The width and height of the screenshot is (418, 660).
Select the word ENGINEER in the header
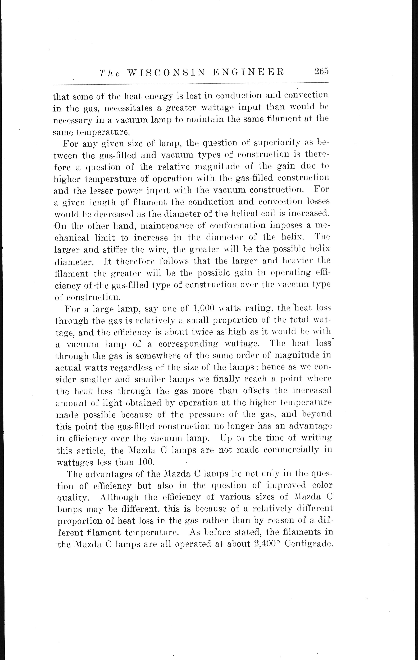point(249,72)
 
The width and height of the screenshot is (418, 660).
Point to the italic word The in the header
point(110,73)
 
